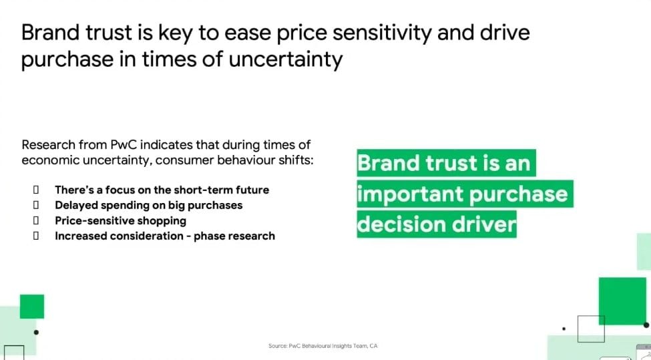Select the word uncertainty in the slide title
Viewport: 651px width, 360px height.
pos(286,59)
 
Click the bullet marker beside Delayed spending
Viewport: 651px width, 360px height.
pos(36,205)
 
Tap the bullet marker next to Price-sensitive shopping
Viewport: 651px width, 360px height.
pos(36,220)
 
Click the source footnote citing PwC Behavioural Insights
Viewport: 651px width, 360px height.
pos(323,346)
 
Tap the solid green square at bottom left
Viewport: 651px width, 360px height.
pos(32,307)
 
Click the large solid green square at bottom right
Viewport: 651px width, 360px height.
pos(622,301)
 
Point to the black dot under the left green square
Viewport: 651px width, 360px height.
pos(36,332)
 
